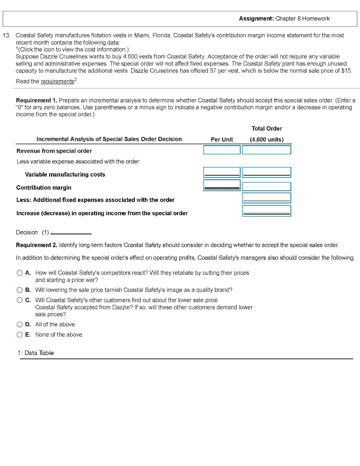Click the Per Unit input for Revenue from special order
pyautogui.click(x=222, y=150)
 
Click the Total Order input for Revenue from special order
pyautogui.click(x=266, y=150)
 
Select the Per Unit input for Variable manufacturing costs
pyautogui.click(x=222, y=172)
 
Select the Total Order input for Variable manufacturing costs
pyautogui.click(x=266, y=172)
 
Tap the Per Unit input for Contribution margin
pyautogui.click(x=222, y=185)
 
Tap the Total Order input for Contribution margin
pyautogui.click(x=266, y=187)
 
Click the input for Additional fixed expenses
pyautogui.click(x=266, y=198)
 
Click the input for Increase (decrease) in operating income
pyautogui.click(x=266, y=211)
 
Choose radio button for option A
pyautogui.click(x=20, y=273)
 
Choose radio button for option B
pyautogui.click(x=20, y=290)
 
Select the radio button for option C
pyautogui.click(x=20, y=300)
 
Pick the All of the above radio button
pyautogui.click(x=20, y=324)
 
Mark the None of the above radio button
pyautogui.click(x=20, y=335)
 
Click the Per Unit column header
pyautogui.click(x=222, y=139)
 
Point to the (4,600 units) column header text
pyautogui.click(x=266, y=139)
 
